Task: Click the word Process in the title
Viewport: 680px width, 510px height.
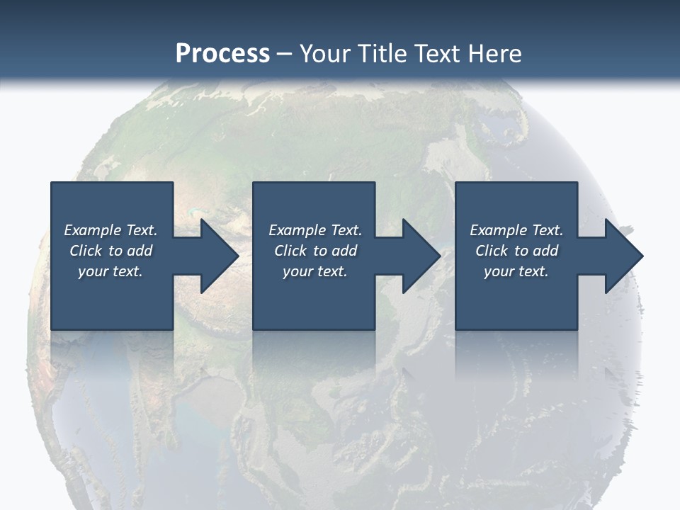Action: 222,54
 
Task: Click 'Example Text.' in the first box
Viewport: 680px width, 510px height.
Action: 110,230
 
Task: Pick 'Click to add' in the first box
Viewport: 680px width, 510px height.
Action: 110,251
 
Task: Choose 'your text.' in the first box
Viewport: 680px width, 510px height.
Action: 110,271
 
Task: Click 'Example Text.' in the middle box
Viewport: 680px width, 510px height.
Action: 315,230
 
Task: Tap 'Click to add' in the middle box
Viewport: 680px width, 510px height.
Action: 315,251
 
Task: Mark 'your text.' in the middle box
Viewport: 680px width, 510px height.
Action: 315,271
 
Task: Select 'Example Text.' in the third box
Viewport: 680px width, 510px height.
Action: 516,230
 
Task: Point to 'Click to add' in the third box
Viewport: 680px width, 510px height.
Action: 516,251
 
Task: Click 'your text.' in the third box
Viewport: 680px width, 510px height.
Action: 516,271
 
